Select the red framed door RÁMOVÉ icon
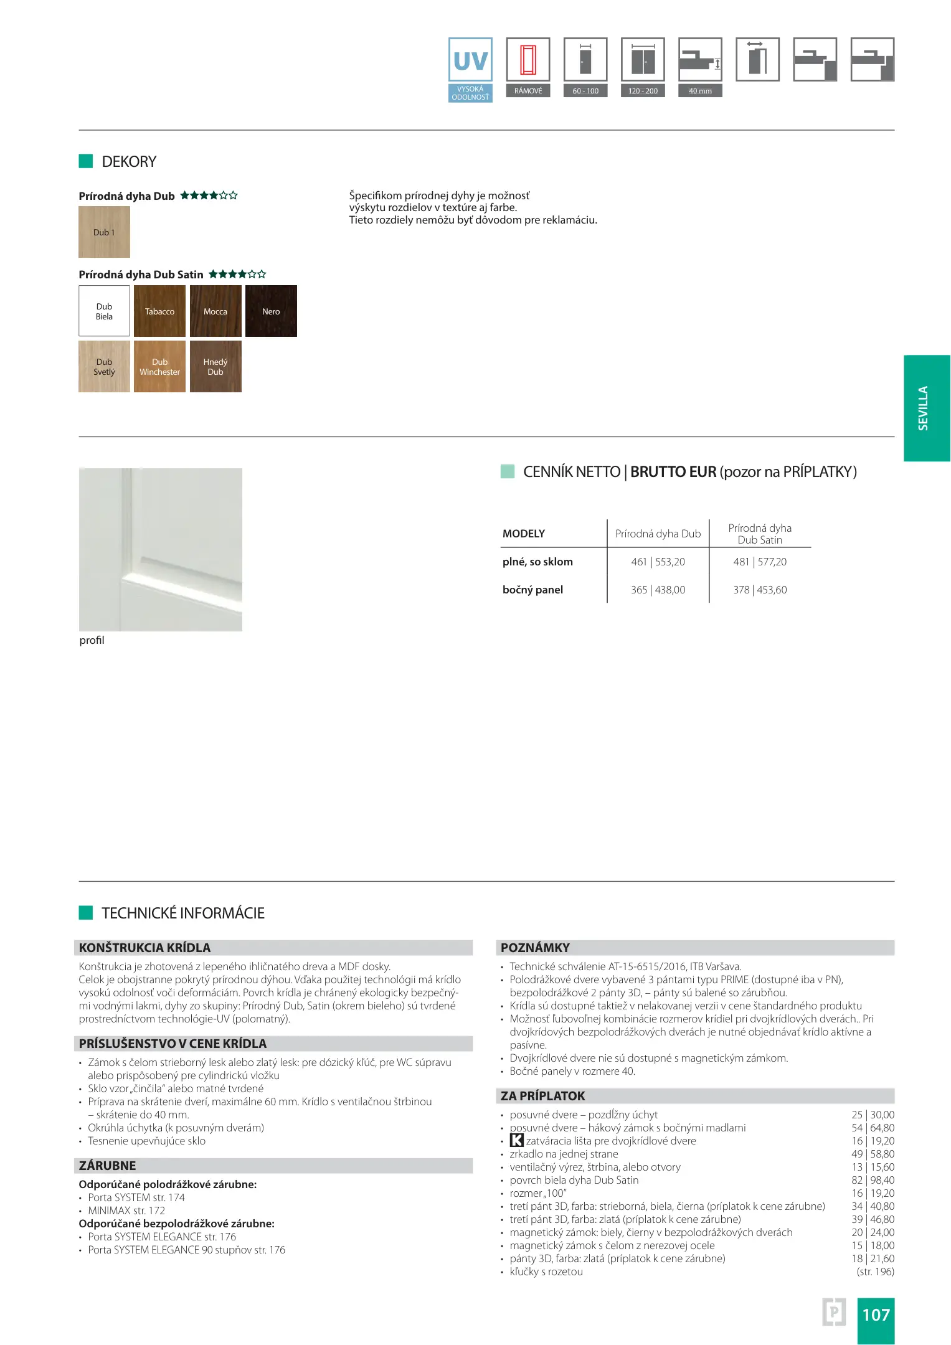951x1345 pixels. [528, 60]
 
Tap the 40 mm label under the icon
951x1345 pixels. [700, 91]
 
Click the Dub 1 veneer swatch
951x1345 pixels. [104, 232]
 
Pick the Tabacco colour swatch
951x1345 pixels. [159, 311]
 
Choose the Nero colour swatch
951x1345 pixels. [271, 311]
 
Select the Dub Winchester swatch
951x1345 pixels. [159, 367]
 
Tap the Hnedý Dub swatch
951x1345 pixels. [215, 367]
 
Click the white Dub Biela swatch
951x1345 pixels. [104, 311]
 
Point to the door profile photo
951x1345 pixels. [161, 550]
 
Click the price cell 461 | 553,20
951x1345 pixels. [658, 562]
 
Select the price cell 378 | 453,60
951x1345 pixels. [760, 590]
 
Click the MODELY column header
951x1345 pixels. [524, 534]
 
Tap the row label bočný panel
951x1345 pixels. [532, 590]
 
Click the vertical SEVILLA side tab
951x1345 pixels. [926, 408]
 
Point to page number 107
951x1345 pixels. [876, 1314]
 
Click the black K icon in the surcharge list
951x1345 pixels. [516, 1141]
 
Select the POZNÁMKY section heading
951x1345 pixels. [536, 948]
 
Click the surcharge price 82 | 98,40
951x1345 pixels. [873, 1180]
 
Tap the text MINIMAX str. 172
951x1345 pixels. [126, 1210]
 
